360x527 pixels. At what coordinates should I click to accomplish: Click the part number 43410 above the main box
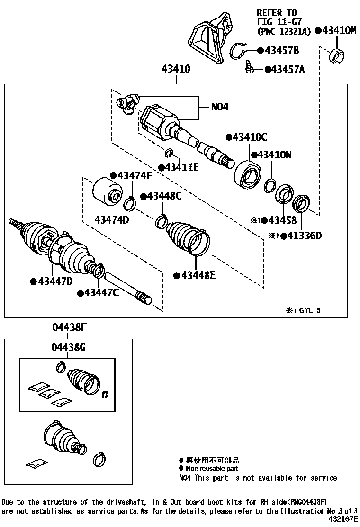click(x=176, y=69)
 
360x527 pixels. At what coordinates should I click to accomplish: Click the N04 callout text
click(x=220, y=108)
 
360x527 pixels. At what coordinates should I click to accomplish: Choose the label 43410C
click(x=250, y=137)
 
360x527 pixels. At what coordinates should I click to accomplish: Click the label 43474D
click(x=112, y=220)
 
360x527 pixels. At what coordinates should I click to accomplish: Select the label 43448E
click(x=197, y=275)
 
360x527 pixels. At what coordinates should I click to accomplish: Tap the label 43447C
click(x=101, y=294)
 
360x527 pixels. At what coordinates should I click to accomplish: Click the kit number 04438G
click(x=69, y=347)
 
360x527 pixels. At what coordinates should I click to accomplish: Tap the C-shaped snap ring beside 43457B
click(x=242, y=49)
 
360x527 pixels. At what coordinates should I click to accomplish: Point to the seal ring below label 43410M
click(x=337, y=56)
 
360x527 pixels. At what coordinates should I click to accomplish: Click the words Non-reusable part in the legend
click(x=208, y=468)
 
